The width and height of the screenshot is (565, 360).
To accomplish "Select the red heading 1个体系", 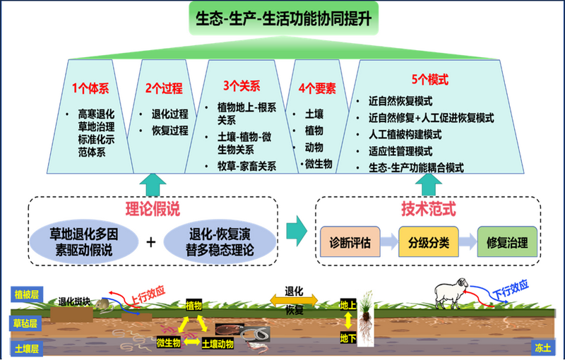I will click(x=90, y=89).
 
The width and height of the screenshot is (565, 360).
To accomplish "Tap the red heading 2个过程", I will click(x=164, y=89).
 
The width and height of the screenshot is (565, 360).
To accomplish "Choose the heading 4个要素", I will click(x=317, y=89).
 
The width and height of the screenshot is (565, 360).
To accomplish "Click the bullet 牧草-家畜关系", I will click(x=246, y=167).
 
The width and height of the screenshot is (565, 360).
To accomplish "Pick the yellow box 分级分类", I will click(x=428, y=242).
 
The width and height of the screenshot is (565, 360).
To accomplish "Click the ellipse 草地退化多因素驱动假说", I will click(x=82, y=242).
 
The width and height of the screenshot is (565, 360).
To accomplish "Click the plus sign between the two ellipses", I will click(x=150, y=242).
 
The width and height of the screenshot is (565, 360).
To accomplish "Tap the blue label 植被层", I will click(x=27, y=292).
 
